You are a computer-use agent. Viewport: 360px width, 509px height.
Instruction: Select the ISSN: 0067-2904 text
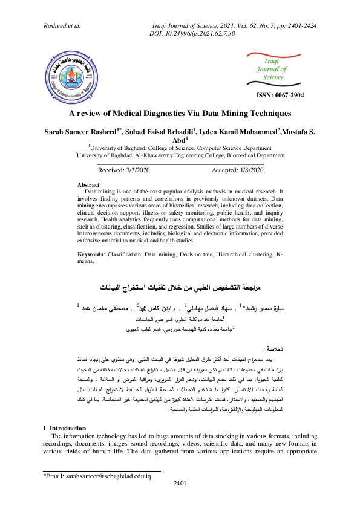coord(281,96)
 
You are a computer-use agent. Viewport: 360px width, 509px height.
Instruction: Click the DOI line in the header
coord(191,34)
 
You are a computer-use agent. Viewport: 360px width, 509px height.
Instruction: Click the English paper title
coord(180,113)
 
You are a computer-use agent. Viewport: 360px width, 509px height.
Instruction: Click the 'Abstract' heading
coord(89,184)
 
